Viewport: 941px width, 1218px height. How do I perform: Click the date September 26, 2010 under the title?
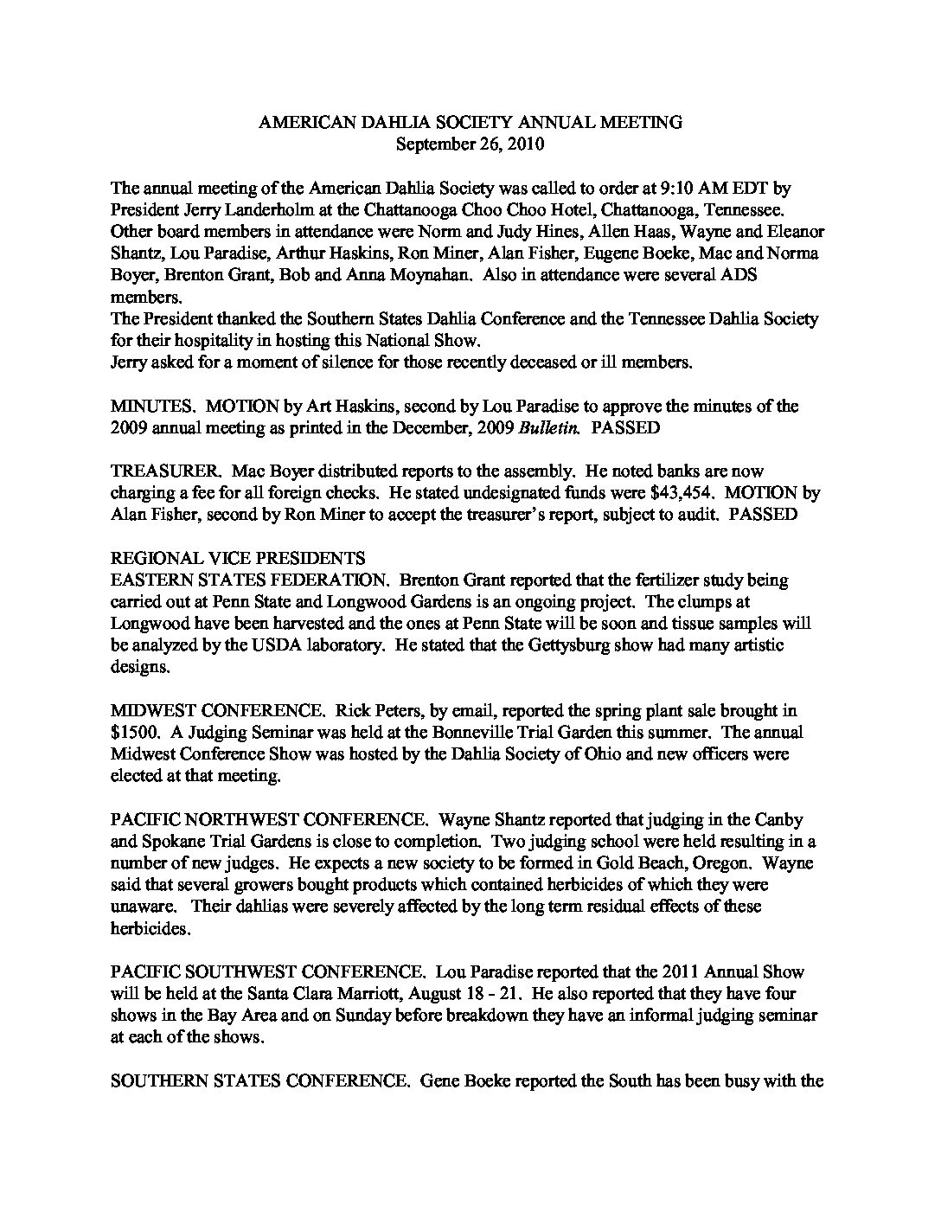tap(470, 144)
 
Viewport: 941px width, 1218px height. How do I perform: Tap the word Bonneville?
tap(447, 732)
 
